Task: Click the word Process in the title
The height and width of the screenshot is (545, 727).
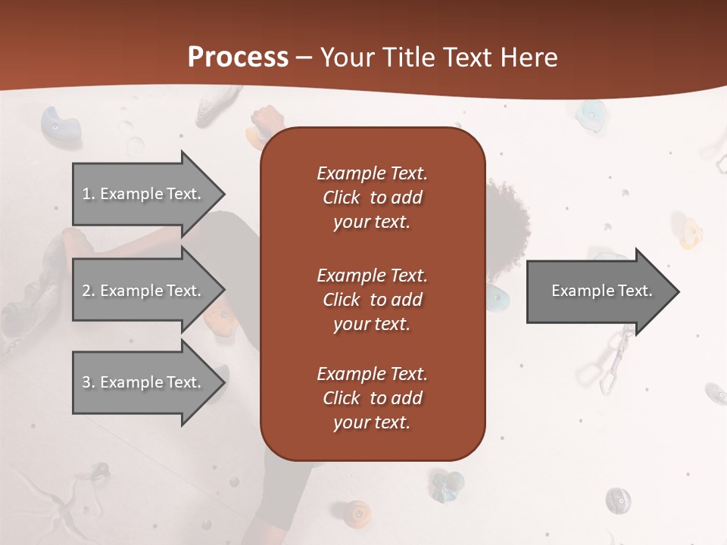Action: tap(238, 58)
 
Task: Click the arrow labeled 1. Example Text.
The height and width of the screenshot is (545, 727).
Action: tap(144, 194)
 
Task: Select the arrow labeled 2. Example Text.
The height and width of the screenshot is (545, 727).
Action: tap(144, 291)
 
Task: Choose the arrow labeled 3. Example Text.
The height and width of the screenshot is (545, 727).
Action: tap(144, 382)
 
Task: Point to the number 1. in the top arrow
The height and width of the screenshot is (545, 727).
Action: tap(89, 194)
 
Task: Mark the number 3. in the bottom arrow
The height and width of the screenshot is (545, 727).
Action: tap(89, 382)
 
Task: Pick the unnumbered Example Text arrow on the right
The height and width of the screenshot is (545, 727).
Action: tap(598, 291)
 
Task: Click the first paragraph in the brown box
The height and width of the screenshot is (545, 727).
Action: tap(372, 198)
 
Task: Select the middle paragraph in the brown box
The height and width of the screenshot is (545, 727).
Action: tap(372, 300)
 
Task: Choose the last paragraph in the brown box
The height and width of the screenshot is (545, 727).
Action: tap(372, 398)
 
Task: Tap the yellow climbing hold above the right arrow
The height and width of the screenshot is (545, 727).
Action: tap(690, 233)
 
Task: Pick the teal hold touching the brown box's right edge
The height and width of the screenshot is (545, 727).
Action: tap(497, 299)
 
